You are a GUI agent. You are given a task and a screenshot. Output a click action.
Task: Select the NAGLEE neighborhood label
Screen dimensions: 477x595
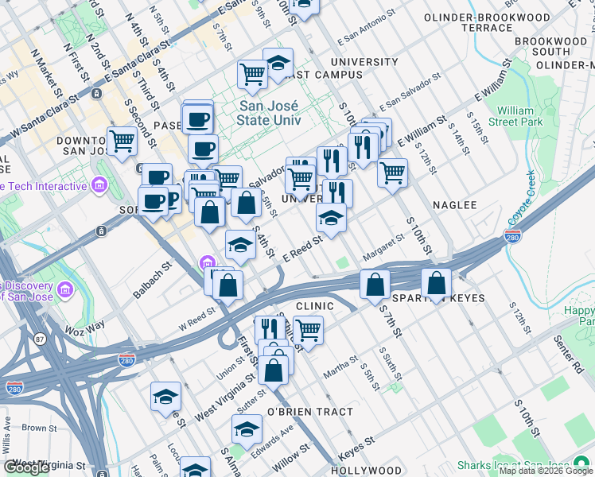[x=454, y=205]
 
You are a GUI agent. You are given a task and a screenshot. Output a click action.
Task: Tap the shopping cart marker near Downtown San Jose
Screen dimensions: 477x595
[x=122, y=141]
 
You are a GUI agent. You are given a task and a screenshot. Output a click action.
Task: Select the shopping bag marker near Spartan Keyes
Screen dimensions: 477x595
[x=437, y=282]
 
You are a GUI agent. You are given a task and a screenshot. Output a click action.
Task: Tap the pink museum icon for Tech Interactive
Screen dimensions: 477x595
[x=99, y=186]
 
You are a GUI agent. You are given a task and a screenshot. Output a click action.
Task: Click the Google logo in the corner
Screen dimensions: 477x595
[x=27, y=467]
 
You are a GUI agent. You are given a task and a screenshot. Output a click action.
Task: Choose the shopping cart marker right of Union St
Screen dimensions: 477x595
[x=307, y=329]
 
